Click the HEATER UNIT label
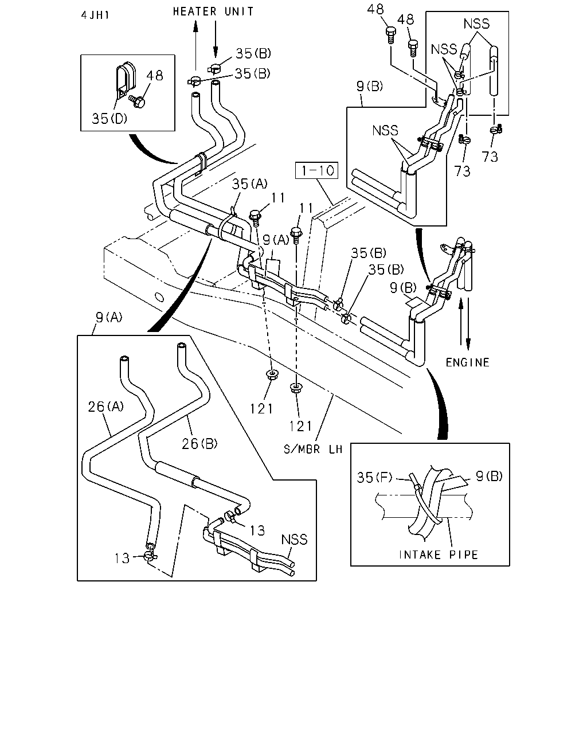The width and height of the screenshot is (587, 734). pos(213,11)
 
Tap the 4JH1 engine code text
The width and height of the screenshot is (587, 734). pos(95,15)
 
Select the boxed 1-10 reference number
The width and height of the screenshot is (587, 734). pos(316,170)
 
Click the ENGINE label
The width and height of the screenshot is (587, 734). pos(467,362)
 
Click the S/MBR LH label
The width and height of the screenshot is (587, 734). pos(313,449)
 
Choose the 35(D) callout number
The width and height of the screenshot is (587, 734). pos(109,118)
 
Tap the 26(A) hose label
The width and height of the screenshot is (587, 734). pos(105,406)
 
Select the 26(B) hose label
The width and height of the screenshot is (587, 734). pos(199,443)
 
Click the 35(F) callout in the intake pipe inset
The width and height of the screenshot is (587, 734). pos(374,478)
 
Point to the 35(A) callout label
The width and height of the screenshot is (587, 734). pos(250,184)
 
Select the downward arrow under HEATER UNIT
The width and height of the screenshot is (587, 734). pos(215,39)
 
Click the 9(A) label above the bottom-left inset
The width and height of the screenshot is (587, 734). pos(109,318)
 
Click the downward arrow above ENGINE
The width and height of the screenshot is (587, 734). pos(468,323)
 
